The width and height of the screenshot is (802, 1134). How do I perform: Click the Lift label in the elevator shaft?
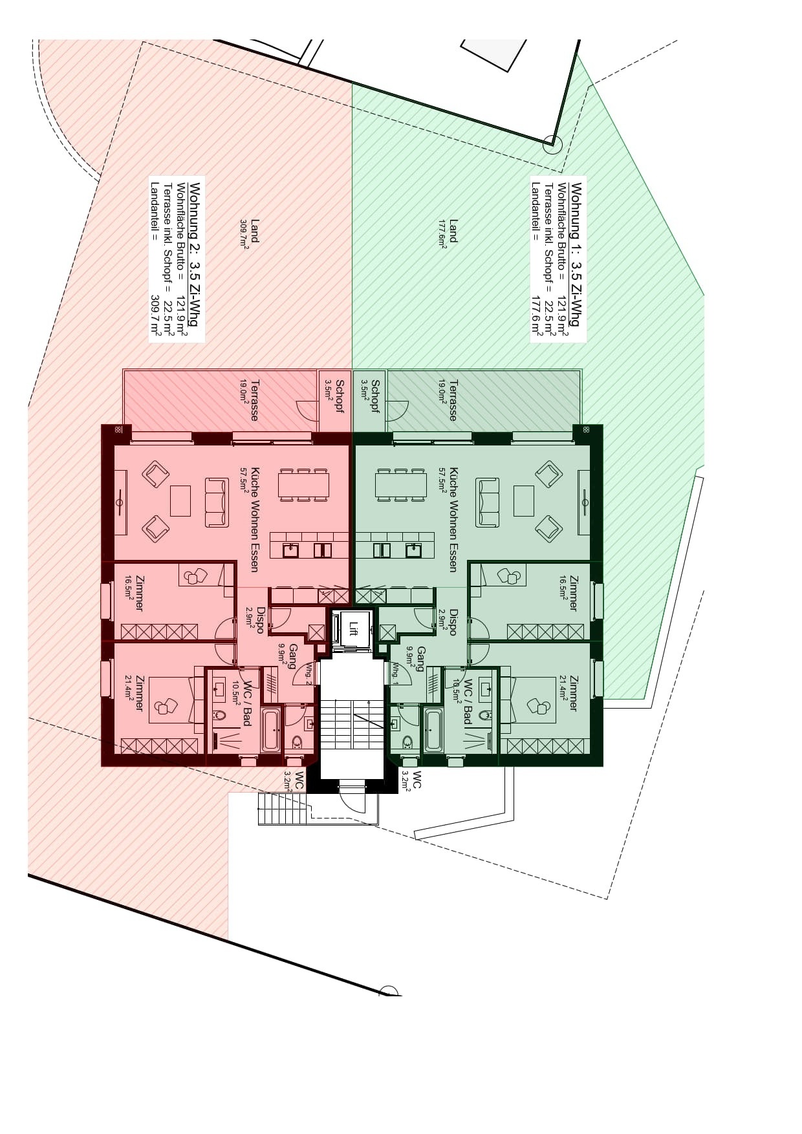pos(353,628)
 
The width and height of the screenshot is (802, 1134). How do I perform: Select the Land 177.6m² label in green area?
pos(449,232)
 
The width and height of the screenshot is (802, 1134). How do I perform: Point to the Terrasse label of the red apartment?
pos(254,400)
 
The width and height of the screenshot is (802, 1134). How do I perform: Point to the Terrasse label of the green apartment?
pos(453,400)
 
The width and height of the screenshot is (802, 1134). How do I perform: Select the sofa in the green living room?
pos(488,502)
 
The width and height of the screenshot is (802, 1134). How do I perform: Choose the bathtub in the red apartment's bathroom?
pos(271,730)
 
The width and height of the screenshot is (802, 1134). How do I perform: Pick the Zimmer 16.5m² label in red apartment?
pos(135,593)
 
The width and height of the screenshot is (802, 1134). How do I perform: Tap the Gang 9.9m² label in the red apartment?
pos(288,656)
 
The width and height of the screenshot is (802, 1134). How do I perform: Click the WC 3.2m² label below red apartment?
pos(294,781)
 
